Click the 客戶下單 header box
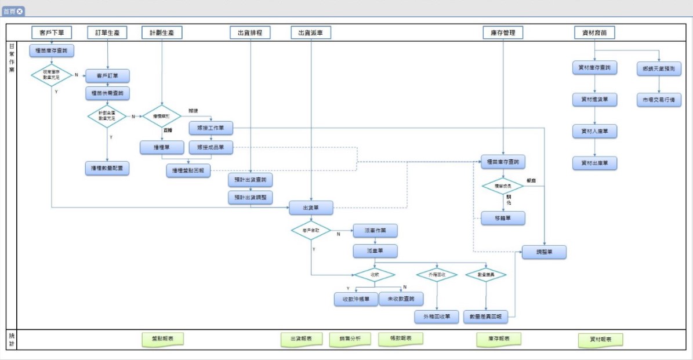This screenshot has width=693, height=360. [52, 32]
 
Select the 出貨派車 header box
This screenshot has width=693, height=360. [311, 32]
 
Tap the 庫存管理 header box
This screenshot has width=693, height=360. [503, 32]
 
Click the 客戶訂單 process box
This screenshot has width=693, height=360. [107, 76]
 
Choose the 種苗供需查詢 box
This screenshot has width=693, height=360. [107, 93]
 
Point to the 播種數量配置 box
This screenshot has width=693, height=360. [107, 169]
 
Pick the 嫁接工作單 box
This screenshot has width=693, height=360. [211, 127]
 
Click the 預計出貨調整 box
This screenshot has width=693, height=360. [251, 197]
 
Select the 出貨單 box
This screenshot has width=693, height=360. [311, 208]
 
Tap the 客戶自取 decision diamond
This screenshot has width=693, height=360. [311, 231]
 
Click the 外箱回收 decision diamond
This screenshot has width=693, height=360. [437, 274]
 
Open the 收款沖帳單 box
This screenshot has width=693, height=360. [356, 299]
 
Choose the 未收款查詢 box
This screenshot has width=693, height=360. [401, 299]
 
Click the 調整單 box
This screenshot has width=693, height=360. [544, 252]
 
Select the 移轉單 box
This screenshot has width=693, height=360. [503, 218]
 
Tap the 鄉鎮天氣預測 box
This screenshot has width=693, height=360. [659, 68]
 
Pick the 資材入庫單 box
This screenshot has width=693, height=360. [594, 131]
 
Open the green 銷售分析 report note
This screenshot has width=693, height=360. [350, 339]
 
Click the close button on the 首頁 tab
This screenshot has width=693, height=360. [20, 11]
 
